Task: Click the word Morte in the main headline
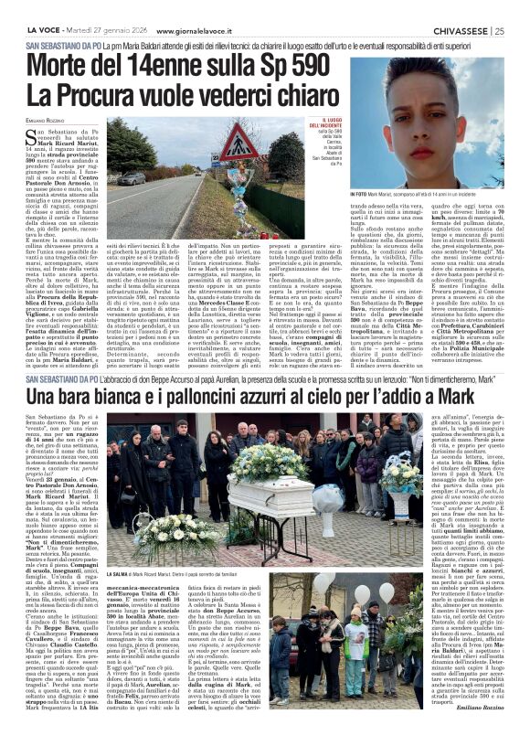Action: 64,66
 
